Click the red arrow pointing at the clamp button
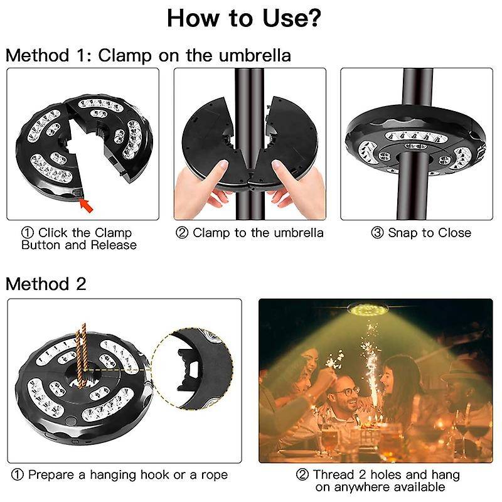pyautogui.click(x=87, y=206)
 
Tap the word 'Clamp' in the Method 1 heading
pyautogui.click(x=125, y=56)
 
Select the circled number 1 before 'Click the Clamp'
pyautogui.click(x=28, y=233)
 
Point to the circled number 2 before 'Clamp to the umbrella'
pyautogui.click(x=182, y=233)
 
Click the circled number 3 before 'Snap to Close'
pyautogui.click(x=377, y=233)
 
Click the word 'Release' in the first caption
pyautogui.click(x=114, y=245)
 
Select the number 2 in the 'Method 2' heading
pyautogui.click(x=81, y=284)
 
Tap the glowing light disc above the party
pyautogui.click(x=367, y=309)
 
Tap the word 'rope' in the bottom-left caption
pyautogui.click(x=214, y=476)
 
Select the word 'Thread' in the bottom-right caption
pyautogui.click(x=333, y=475)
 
